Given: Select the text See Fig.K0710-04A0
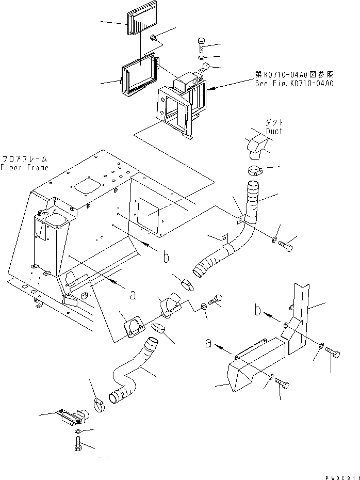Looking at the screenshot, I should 294,83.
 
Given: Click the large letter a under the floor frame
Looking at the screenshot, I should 133,295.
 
